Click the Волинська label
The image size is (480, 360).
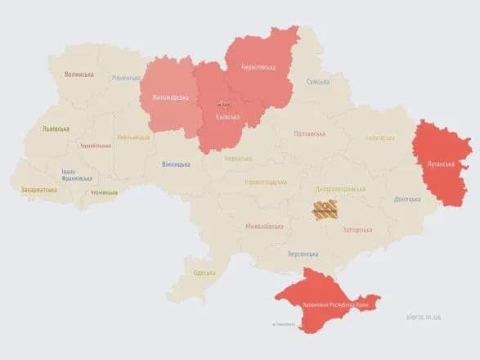tap(79, 74)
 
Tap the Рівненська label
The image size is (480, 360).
tap(127, 78)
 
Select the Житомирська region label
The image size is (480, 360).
tap(169, 99)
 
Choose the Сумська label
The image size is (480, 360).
tap(318, 82)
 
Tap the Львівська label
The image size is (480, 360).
tap(56, 128)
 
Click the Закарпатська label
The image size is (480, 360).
tap(39, 190)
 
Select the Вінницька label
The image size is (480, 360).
tap(177, 164)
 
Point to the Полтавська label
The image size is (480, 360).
tap(310, 133)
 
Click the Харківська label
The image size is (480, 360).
tap(380, 137)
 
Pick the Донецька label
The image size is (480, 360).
tap(406, 199)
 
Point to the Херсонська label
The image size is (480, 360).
tap(303, 254)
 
